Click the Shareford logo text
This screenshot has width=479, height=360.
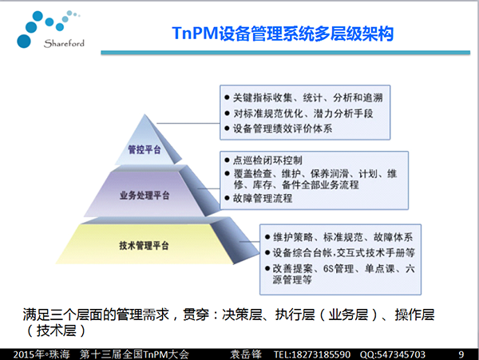click(x=64, y=43)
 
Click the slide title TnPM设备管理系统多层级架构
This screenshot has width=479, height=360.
click(x=283, y=34)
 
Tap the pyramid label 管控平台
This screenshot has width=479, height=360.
click(x=144, y=149)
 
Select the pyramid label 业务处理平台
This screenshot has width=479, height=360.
click(x=144, y=196)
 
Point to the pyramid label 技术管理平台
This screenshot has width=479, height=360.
click(x=144, y=246)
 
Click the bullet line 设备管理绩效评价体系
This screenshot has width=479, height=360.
click(x=283, y=129)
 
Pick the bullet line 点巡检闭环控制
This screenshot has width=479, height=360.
click(x=267, y=160)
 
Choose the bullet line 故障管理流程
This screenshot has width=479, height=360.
click(x=263, y=199)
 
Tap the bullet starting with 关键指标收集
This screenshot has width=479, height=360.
click(x=308, y=97)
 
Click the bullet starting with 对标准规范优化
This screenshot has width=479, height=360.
click(x=303, y=113)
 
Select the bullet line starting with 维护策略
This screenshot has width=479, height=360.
click(x=342, y=237)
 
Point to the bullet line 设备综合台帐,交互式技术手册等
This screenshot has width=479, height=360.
click(x=343, y=253)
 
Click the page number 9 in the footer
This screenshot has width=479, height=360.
click(x=461, y=354)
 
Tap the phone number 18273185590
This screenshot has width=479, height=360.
click(x=321, y=354)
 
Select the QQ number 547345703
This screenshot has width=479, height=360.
click(x=401, y=354)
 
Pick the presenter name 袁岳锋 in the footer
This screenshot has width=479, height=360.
click(x=246, y=354)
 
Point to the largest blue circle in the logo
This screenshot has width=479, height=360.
click(x=24, y=42)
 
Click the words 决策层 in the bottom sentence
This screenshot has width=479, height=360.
click(x=242, y=315)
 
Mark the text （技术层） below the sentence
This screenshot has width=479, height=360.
click(x=56, y=330)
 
